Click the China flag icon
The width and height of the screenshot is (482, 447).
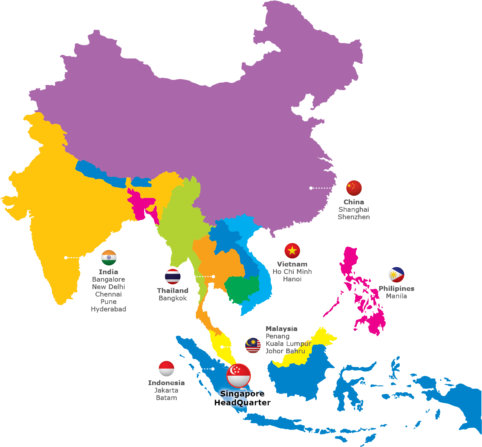coord(354,188)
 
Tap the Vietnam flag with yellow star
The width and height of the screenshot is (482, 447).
coord(292,251)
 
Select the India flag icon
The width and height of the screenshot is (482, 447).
coord(109,258)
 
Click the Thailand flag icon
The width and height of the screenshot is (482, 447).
coord(173,276)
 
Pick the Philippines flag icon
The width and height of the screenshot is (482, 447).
coord(396,275)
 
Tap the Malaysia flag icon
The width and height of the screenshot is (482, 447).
coord(253,346)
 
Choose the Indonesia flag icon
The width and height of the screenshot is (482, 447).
coord(166,368)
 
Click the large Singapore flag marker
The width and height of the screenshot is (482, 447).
coord(238,375)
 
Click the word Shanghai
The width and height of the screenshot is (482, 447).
coord(354,209)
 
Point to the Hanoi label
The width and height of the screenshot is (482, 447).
coord(292,279)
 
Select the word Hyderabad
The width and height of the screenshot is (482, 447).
coord(109,309)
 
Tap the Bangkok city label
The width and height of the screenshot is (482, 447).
coord(173,298)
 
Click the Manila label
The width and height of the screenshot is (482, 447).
coord(396,296)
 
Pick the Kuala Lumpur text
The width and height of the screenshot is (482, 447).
coord(288,344)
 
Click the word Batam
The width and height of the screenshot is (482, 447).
coord(166,398)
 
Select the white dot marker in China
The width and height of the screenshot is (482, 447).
coord(311,188)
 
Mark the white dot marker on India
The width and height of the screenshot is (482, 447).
coord(66,258)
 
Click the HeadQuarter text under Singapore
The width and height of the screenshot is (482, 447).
coord(243,403)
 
